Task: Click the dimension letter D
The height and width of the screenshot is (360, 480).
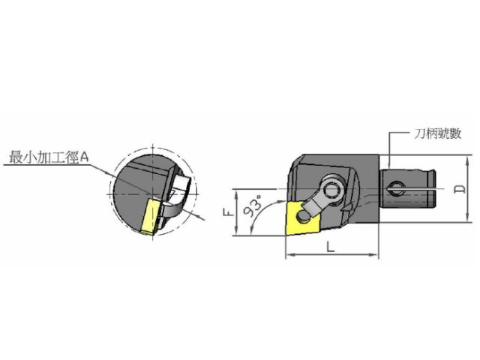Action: (x=460, y=189)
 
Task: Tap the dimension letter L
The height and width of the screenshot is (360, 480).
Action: (x=330, y=247)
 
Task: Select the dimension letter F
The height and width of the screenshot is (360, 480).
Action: (x=227, y=212)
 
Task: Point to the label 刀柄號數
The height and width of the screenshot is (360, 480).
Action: (x=438, y=133)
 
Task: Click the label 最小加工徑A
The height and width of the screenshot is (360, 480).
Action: (x=49, y=157)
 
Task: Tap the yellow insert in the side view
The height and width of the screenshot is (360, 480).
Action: (x=303, y=218)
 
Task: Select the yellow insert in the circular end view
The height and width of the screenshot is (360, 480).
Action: (x=151, y=217)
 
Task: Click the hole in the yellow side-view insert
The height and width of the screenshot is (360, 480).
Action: (x=303, y=217)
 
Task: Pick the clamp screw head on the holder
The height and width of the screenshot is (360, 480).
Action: (x=333, y=191)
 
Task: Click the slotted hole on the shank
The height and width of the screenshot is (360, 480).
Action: (x=395, y=189)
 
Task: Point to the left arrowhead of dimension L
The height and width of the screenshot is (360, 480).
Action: (x=289, y=254)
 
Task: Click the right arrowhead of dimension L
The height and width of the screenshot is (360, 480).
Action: (x=375, y=254)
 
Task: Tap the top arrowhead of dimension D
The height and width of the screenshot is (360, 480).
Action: (x=467, y=159)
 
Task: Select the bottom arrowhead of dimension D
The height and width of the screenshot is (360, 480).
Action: (x=467, y=218)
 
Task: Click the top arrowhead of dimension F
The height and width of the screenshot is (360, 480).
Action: (x=236, y=193)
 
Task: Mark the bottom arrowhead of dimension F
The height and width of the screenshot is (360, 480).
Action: (x=236, y=232)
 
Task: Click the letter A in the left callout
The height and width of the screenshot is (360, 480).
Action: (x=85, y=157)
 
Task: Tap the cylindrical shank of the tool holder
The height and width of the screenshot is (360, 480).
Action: (x=407, y=189)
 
